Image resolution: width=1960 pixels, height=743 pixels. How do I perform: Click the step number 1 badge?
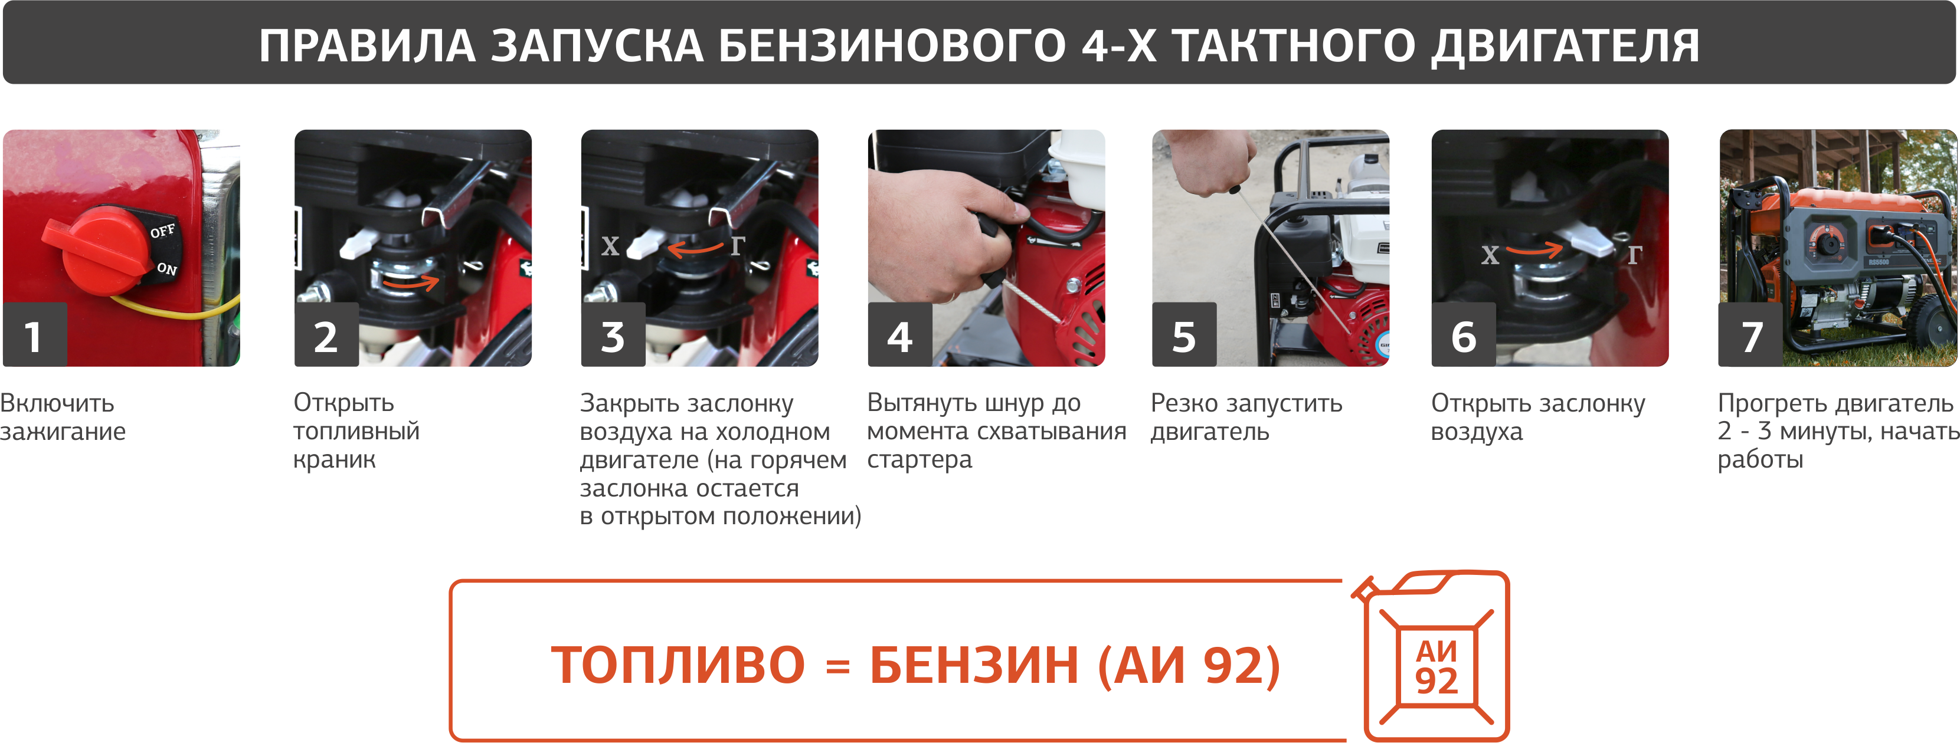point(35,334)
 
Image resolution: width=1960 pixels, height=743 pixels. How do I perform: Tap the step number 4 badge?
point(900,334)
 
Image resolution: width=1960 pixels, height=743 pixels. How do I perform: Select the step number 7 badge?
point(1750,334)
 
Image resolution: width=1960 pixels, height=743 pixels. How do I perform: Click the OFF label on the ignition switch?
point(162,231)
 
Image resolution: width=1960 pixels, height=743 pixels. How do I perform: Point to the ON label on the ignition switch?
point(166,268)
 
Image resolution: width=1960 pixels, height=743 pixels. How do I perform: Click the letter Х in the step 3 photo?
point(610,246)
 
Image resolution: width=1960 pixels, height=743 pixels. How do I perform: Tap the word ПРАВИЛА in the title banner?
point(368,45)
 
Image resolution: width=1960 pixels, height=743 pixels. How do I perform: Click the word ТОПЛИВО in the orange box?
point(678,665)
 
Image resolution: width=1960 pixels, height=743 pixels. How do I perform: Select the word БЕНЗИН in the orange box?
point(974,665)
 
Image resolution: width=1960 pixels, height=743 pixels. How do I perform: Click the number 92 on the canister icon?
point(1437,680)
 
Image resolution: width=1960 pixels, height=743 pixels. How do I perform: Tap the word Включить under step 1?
point(57,403)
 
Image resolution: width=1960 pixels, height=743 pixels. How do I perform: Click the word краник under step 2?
point(335,459)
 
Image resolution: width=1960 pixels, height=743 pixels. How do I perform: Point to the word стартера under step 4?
point(920,460)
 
